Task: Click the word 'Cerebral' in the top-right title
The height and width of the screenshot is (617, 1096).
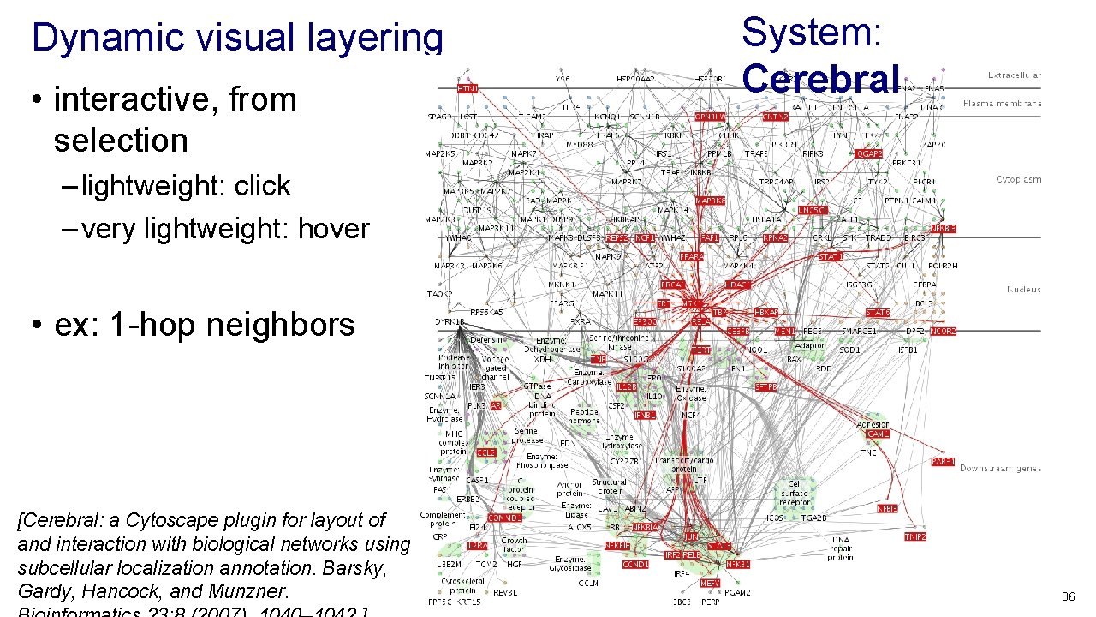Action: (820, 78)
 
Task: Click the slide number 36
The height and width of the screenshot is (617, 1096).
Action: (1068, 596)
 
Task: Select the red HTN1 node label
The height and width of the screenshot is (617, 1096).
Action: (468, 88)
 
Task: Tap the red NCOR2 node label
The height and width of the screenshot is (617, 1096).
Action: (944, 331)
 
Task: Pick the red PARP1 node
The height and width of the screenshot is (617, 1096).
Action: (943, 462)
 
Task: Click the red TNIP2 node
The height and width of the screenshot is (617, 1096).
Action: (915, 536)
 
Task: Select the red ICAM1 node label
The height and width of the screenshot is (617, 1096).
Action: (877, 434)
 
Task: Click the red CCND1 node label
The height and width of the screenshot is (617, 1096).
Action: (635, 565)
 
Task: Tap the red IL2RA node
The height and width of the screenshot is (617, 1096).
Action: (477, 545)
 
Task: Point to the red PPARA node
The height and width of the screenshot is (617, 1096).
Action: (691, 256)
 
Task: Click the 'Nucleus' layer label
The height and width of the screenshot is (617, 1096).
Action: (1023, 290)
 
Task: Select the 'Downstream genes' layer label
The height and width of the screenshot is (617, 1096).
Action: (1000, 469)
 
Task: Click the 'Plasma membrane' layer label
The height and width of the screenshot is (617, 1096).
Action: (1002, 104)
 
